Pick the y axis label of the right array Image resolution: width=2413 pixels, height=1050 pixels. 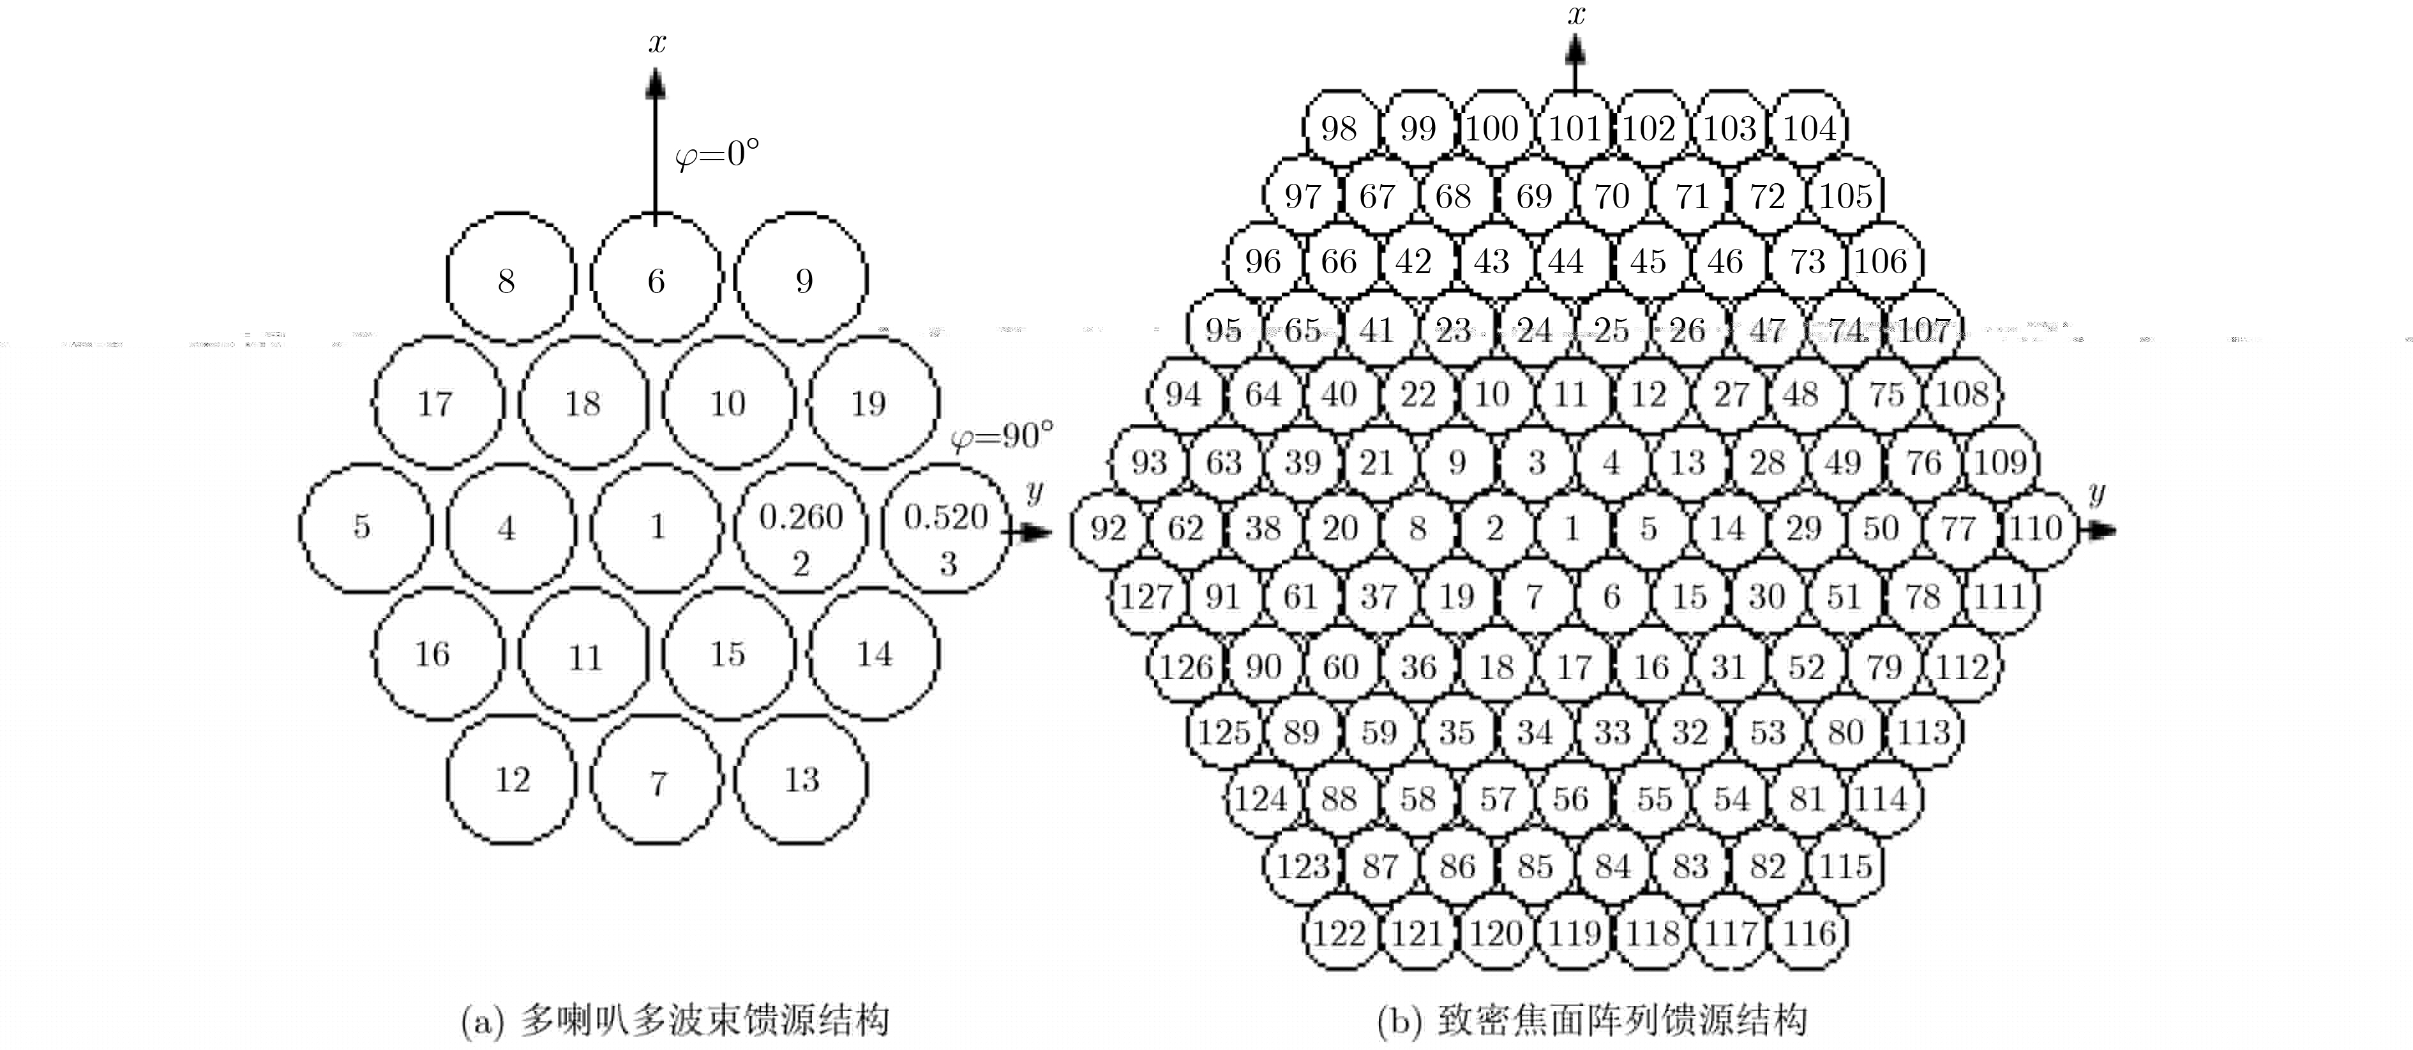tap(2096, 493)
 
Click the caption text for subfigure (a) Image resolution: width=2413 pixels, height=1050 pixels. tap(675, 1020)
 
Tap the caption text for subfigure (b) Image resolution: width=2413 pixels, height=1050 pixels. tap(1591, 1020)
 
